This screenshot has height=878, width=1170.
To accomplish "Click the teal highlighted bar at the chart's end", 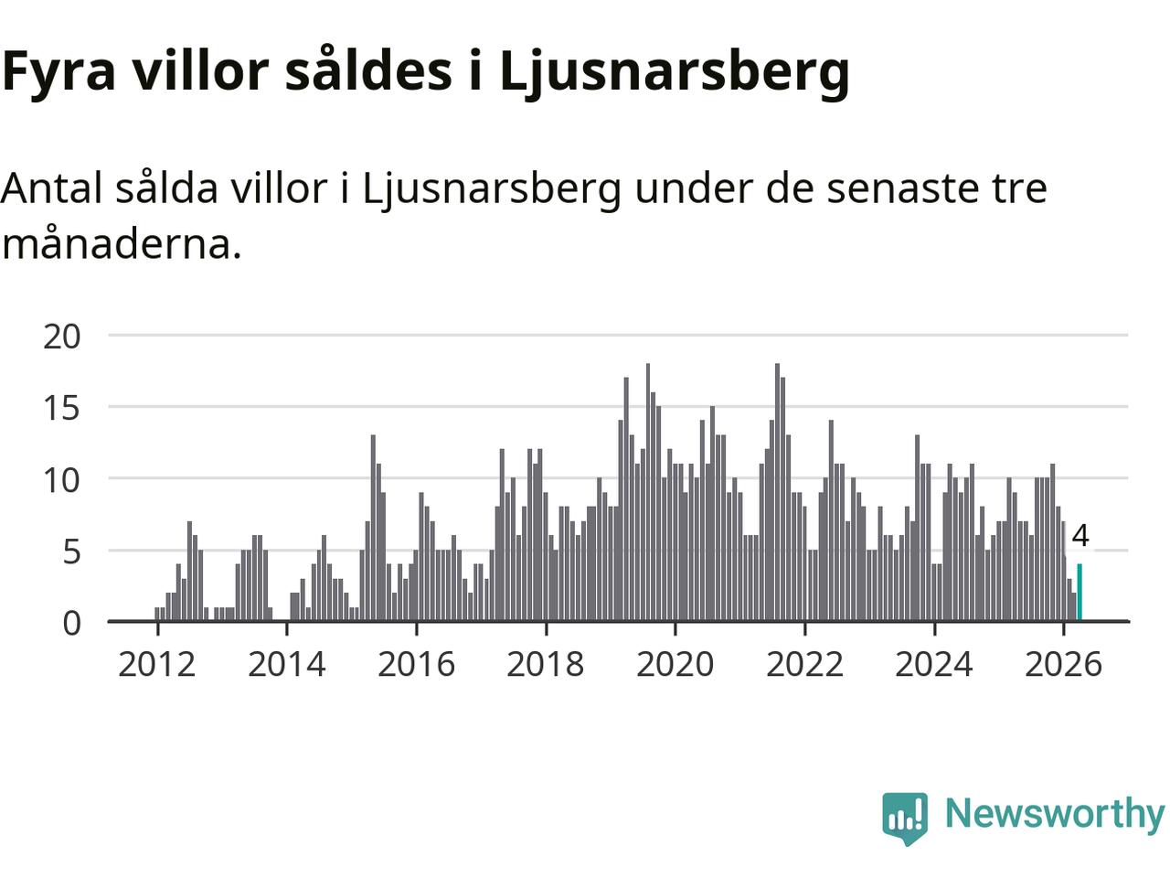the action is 1080,593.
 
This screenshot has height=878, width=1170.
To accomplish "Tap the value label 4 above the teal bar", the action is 1080,535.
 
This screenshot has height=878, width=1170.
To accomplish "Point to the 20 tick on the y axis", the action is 62,337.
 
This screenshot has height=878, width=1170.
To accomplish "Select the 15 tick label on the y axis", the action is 62,409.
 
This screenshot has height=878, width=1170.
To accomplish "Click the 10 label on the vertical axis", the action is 62,480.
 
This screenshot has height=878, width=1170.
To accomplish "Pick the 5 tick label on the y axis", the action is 72,551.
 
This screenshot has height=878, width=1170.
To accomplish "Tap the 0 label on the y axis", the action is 72,623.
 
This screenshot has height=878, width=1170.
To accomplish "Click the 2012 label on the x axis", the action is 156,665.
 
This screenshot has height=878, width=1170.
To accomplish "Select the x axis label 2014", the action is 287,665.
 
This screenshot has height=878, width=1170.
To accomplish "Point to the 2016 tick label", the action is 416,665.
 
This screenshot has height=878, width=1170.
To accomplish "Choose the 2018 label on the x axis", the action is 546,665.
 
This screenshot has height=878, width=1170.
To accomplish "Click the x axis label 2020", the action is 675,665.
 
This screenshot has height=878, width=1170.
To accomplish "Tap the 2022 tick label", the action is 804,665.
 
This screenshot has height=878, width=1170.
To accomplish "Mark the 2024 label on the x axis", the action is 934,665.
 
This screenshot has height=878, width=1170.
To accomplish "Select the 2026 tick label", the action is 1063,665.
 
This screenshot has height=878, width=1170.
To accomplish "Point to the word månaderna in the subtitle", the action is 122,243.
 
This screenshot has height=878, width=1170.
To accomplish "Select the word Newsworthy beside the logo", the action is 1055,815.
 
